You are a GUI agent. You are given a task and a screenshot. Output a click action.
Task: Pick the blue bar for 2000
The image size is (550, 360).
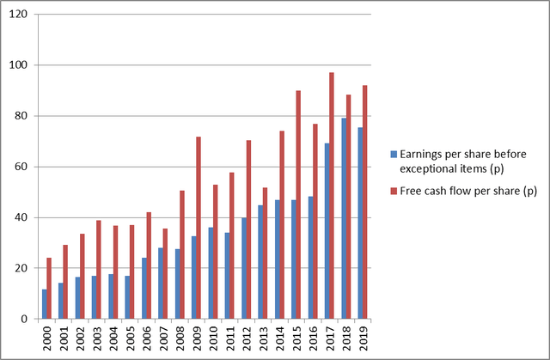pyautogui.click(x=45, y=304)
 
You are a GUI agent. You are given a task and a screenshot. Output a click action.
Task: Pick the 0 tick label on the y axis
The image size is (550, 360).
pyautogui.click(x=25, y=319)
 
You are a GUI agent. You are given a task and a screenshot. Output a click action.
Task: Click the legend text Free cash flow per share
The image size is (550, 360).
pyautogui.click(x=464, y=192)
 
